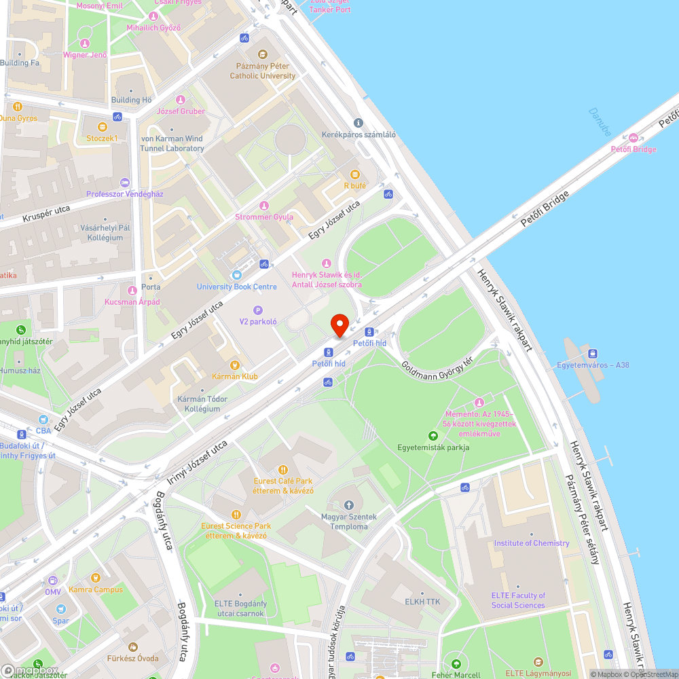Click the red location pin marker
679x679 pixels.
(x=339, y=325)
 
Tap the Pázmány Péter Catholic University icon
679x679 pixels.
(x=263, y=54)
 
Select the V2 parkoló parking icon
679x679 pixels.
(x=257, y=310)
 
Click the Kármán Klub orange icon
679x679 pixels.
(x=235, y=365)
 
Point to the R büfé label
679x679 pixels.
(x=354, y=185)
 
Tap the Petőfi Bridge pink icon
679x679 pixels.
(x=634, y=137)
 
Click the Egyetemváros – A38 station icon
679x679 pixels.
(x=593, y=353)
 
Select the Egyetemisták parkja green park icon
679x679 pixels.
(x=433, y=435)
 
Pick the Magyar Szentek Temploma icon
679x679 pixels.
(x=348, y=505)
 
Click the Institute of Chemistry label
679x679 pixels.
(x=531, y=543)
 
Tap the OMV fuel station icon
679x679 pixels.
(x=53, y=581)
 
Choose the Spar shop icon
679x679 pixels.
(x=60, y=609)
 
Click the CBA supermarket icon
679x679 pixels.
(x=43, y=420)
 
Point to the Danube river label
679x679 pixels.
(x=600, y=122)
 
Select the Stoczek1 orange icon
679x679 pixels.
(x=102, y=126)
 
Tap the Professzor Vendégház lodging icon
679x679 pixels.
(x=124, y=182)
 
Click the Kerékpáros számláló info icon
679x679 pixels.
(x=359, y=123)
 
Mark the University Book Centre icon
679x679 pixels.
(x=236, y=275)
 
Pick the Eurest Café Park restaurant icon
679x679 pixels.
(x=283, y=469)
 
